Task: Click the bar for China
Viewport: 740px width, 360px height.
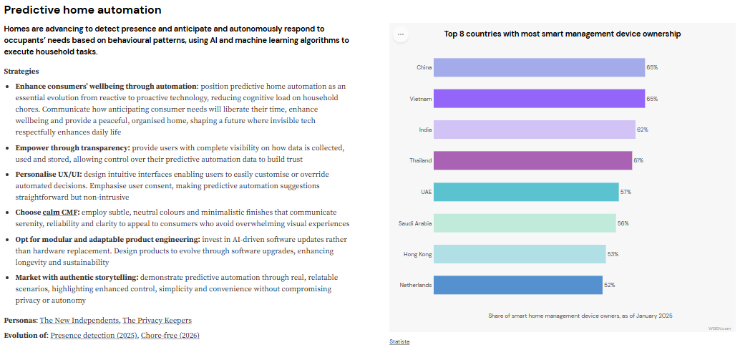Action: tap(538, 67)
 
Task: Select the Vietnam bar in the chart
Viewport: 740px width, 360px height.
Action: tap(538, 98)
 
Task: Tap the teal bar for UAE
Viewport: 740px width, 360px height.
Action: tap(525, 192)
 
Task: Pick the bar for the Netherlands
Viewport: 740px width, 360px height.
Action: tap(517, 285)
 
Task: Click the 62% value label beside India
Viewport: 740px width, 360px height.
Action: tap(642, 130)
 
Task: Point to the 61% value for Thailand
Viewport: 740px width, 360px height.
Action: tap(638, 160)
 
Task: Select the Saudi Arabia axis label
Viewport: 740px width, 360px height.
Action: tap(415, 223)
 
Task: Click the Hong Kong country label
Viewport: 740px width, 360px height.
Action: tap(417, 254)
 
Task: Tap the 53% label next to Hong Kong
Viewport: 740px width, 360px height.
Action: tap(613, 254)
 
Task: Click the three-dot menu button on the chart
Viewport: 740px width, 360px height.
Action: tap(400, 34)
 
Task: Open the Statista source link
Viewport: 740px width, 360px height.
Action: tap(399, 341)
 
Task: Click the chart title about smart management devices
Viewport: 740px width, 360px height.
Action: tap(562, 34)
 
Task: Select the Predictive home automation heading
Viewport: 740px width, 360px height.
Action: tap(82, 10)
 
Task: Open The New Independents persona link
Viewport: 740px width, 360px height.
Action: tap(79, 320)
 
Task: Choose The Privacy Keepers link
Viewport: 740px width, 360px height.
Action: tap(157, 320)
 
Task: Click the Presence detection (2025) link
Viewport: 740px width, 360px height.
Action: tap(93, 335)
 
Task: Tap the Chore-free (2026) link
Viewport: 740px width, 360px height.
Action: tap(170, 335)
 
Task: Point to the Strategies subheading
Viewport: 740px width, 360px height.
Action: tap(21, 71)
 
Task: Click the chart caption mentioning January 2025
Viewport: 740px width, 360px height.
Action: tap(580, 316)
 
